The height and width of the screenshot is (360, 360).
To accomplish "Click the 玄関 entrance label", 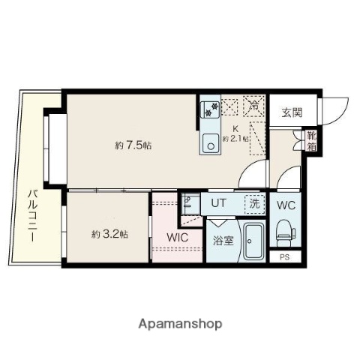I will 292,113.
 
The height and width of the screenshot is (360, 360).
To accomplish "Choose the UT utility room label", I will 217,202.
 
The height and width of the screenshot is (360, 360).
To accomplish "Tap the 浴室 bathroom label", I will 222,241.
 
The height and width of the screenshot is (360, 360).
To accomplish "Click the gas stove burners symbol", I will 209,110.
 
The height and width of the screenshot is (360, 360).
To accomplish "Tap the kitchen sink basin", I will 209,139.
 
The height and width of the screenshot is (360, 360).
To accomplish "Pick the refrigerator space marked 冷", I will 254,106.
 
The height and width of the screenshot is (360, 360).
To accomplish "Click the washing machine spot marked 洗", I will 255,202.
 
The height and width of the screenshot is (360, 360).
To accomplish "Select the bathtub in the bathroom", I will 253,241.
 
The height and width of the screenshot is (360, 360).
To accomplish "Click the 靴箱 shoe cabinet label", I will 311,141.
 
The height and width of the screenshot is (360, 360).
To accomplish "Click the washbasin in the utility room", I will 188,202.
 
